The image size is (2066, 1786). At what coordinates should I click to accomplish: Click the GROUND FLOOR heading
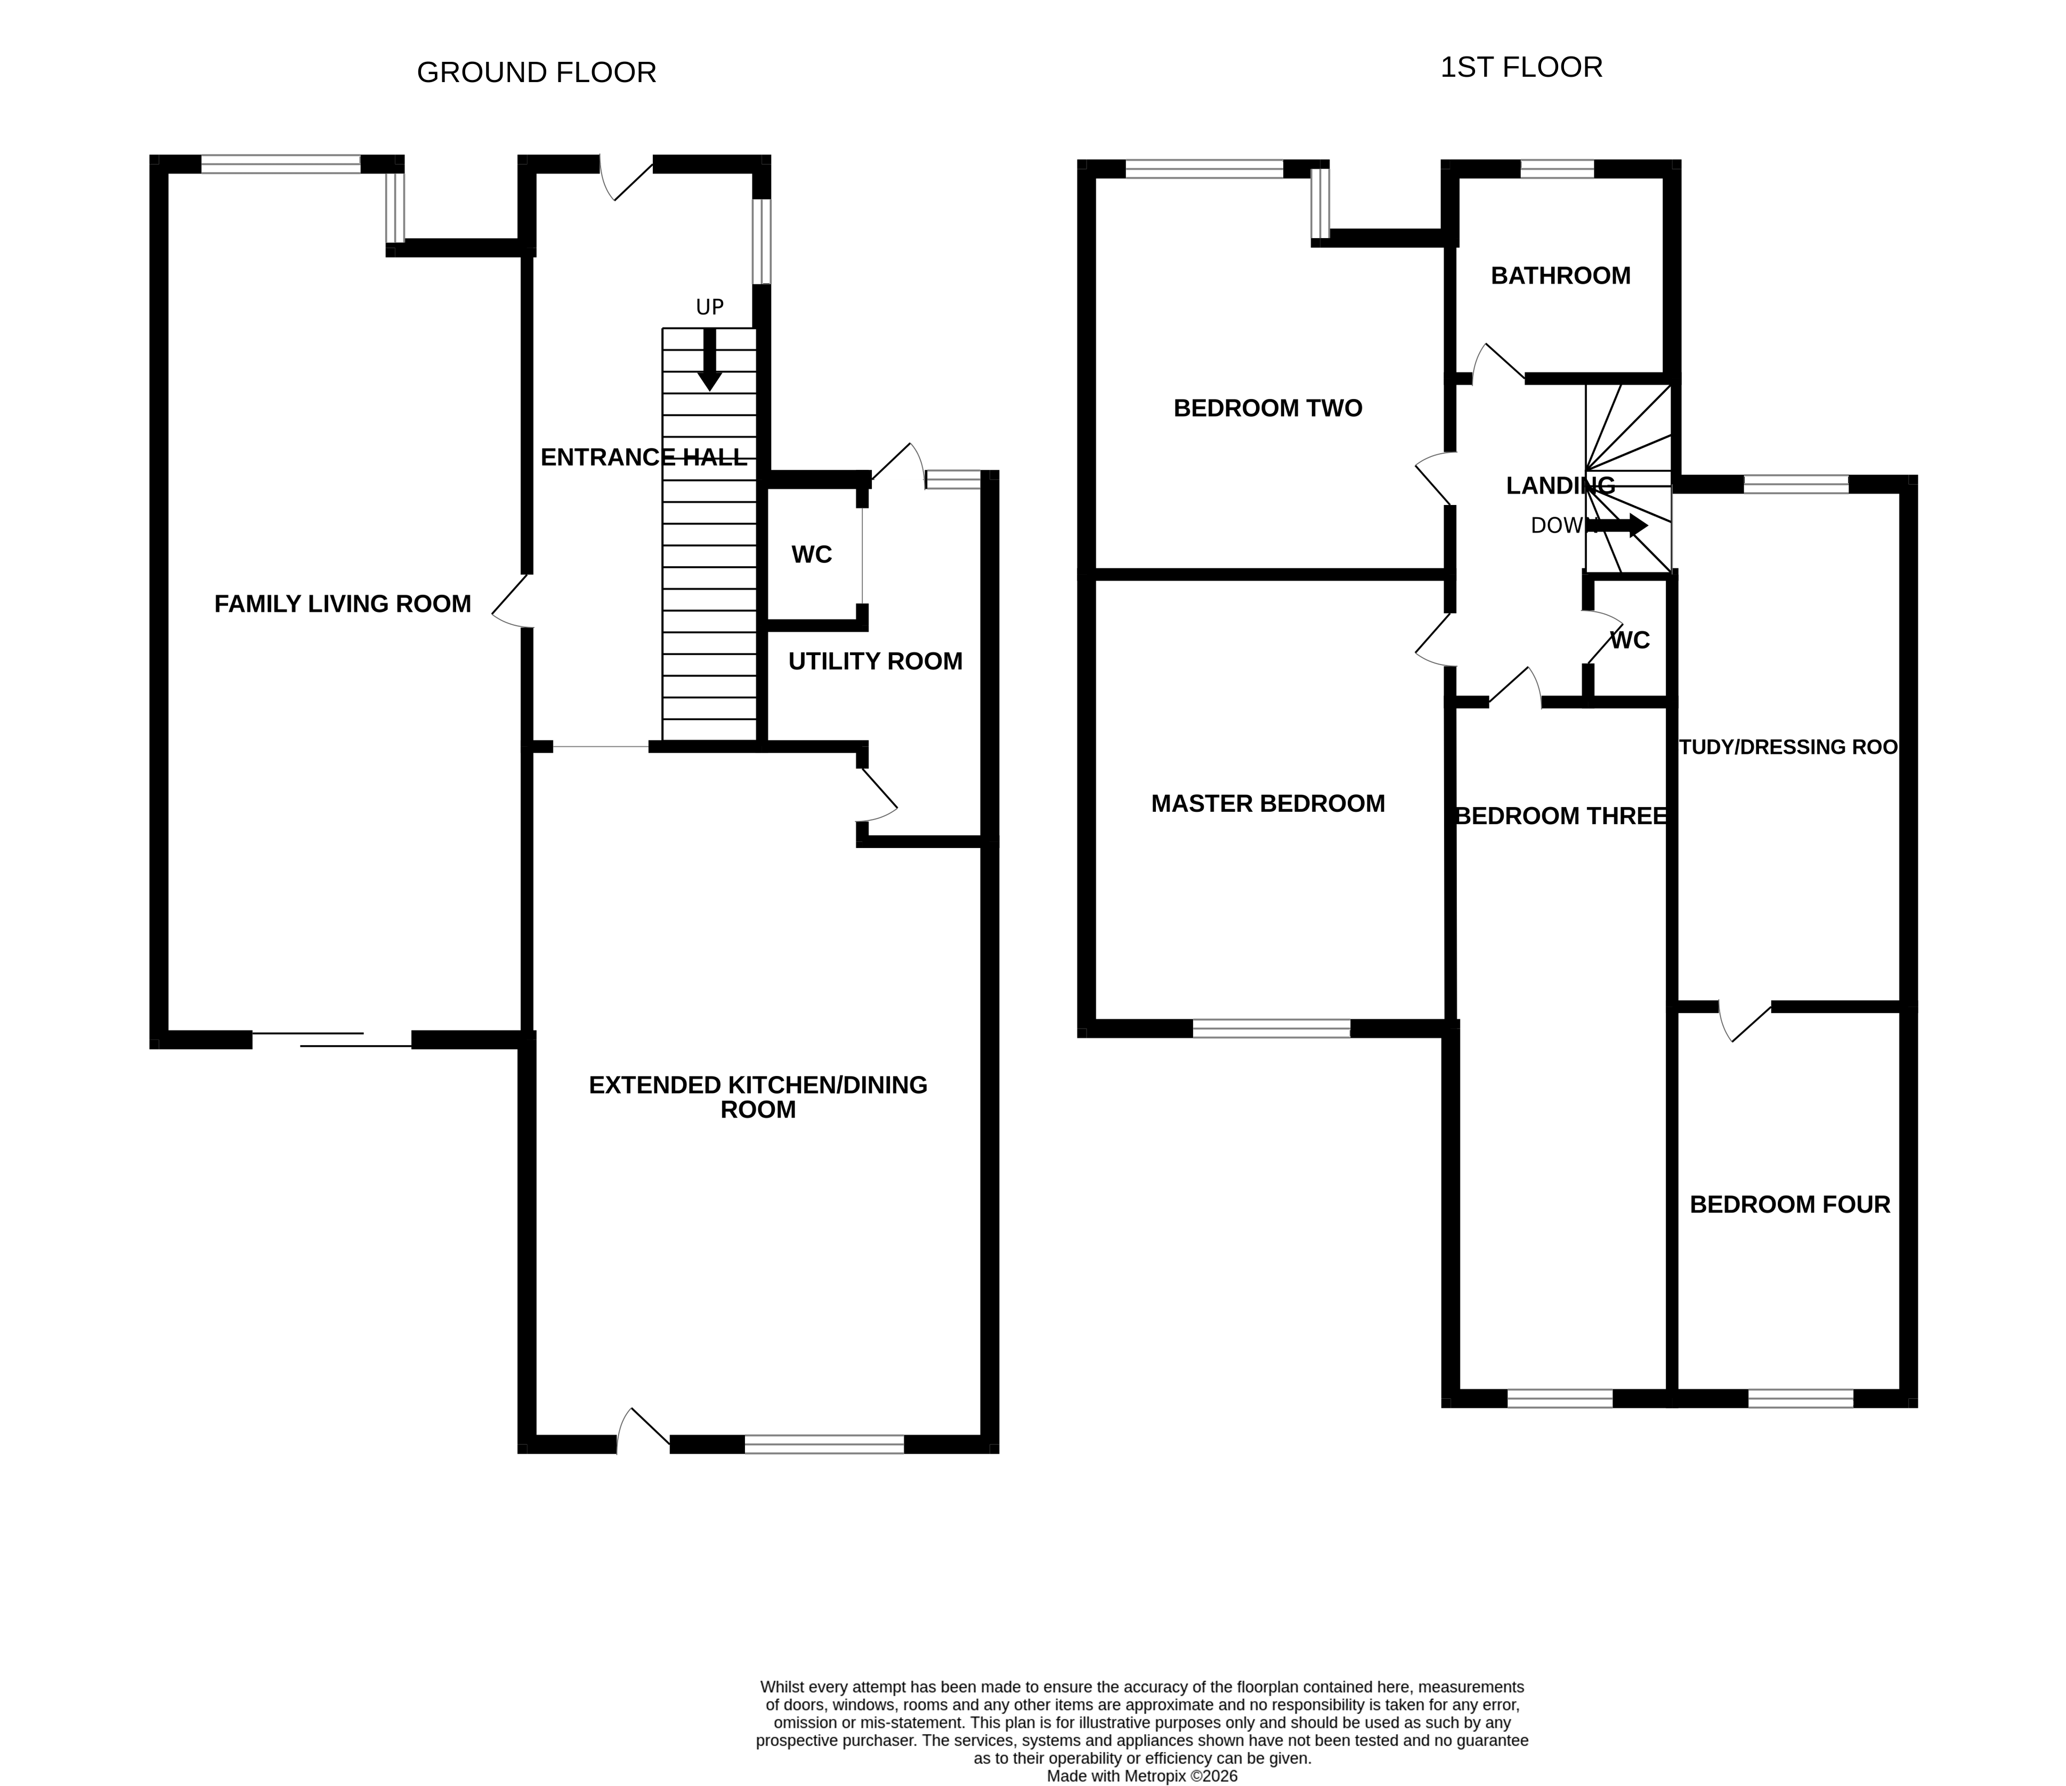pos(537,73)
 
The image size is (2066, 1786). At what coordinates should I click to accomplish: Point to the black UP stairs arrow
pos(709,359)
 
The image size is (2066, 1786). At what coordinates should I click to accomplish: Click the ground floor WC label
pos(812,555)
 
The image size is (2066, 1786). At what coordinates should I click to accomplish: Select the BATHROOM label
pos(1560,276)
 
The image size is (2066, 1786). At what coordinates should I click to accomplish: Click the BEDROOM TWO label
pos(1267,409)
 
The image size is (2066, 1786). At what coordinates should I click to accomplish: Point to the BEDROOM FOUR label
pos(1790,1205)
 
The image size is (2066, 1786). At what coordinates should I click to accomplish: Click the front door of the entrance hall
pos(626,180)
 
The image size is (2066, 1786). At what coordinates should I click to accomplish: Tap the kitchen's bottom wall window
pos(824,1444)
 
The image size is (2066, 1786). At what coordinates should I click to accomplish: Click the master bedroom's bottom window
pos(1271,1029)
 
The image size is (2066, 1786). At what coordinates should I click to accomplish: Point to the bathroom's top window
pos(1557,168)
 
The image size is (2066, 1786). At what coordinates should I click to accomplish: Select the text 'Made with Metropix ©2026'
pos(1141,1776)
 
